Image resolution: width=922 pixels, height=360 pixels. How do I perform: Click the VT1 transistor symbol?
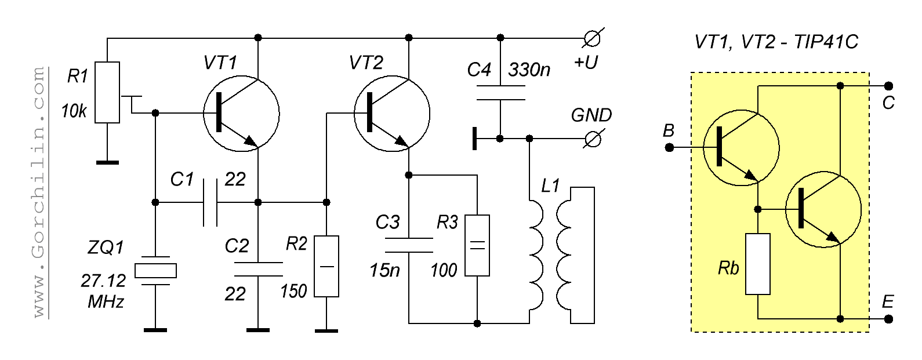241,113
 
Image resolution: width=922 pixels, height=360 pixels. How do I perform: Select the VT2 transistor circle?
391,113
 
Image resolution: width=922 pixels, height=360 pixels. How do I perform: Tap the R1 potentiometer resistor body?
107,92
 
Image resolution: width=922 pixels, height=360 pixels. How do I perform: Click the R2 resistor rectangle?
326,266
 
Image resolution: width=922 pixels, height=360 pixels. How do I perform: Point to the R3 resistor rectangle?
477,245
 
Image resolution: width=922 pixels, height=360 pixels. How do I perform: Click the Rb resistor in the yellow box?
758,264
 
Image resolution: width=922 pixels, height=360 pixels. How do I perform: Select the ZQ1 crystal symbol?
155,271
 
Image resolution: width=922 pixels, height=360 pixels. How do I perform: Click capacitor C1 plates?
210,202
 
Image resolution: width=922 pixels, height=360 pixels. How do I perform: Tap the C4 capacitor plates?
500,93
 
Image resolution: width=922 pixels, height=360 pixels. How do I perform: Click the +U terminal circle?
592,39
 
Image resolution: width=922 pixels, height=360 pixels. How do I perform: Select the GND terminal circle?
592,139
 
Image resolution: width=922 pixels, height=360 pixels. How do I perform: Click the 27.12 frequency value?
103,281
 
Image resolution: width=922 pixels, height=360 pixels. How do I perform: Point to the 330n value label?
529,70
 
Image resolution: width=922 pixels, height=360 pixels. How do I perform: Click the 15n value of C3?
384,270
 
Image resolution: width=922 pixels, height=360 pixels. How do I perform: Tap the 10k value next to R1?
74,111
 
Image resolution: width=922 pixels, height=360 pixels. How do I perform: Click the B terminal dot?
669,148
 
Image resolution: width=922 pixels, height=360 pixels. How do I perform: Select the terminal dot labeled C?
888,86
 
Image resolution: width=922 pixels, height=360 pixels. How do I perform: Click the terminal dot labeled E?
888,319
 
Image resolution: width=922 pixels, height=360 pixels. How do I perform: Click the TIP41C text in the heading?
826,42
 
